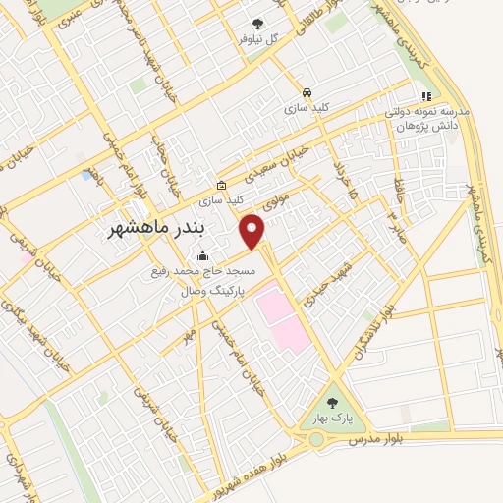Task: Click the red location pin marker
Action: pos(252,230)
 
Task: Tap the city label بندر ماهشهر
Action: pos(155,230)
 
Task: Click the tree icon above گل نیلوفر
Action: pos(257,23)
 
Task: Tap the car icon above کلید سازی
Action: pos(307,90)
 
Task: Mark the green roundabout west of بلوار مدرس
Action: pos(315,439)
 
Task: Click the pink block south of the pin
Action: pos(282,320)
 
